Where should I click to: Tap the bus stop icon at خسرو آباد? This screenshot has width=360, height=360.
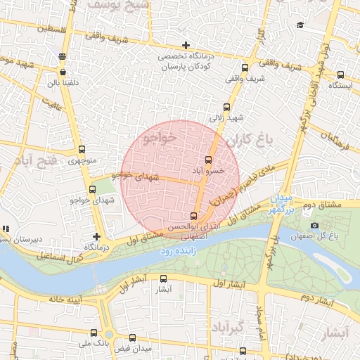click(x=207, y=160)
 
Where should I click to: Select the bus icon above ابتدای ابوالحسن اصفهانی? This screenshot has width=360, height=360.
click(x=194, y=216)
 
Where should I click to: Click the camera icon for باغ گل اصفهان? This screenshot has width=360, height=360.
click(x=314, y=225)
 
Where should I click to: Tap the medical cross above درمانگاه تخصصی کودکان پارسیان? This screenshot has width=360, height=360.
click(x=186, y=46)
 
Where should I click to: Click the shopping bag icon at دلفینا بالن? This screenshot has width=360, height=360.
click(x=64, y=72)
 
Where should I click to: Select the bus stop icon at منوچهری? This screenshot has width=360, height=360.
click(x=82, y=149)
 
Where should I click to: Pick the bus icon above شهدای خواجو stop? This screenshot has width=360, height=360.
click(x=92, y=190)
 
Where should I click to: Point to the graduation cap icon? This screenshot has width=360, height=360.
click(x=300, y=25)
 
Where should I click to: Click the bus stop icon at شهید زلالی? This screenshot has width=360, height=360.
click(x=226, y=108)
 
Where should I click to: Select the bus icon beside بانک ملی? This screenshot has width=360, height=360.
click(x=94, y=333)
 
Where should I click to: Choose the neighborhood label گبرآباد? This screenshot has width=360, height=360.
click(x=226, y=328)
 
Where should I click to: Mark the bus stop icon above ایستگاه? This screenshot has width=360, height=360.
click(x=340, y=75)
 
